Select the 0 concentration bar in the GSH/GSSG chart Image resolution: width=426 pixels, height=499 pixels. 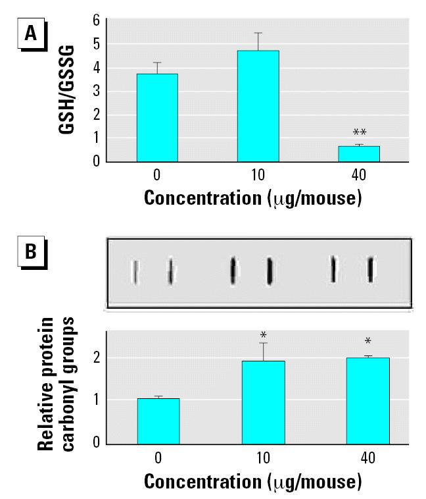click(156, 117)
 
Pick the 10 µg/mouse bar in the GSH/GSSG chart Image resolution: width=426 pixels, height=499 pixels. click(258, 106)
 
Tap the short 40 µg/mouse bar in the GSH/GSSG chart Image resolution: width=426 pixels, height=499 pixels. click(359, 153)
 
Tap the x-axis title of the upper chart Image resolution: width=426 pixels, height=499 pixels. click(252, 199)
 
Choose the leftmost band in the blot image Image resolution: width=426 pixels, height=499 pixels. click(135, 271)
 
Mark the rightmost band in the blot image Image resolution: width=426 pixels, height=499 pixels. click(371, 269)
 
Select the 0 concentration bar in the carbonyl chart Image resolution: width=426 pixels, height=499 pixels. click(158, 421)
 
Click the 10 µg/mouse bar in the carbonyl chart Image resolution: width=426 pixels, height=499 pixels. click(263, 402)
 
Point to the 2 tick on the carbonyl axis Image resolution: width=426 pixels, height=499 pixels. click(96, 357)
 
